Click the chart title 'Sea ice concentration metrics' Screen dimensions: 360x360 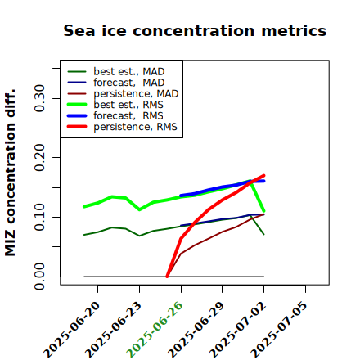195,30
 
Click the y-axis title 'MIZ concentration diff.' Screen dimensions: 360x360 10,173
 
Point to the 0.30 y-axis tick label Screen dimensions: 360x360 40,98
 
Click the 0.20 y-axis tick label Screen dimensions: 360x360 40,158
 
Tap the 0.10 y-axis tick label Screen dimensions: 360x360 40,217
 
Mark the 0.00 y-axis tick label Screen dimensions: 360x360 40,277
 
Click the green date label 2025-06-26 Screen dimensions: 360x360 155,330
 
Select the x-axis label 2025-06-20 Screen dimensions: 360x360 71,330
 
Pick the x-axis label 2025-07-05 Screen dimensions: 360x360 279,330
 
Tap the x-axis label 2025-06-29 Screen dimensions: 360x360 196,330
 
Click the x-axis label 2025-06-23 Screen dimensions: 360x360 113,330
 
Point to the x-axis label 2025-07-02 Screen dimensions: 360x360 237,330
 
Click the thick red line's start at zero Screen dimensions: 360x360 167,277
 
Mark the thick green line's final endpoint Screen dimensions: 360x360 263,211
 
